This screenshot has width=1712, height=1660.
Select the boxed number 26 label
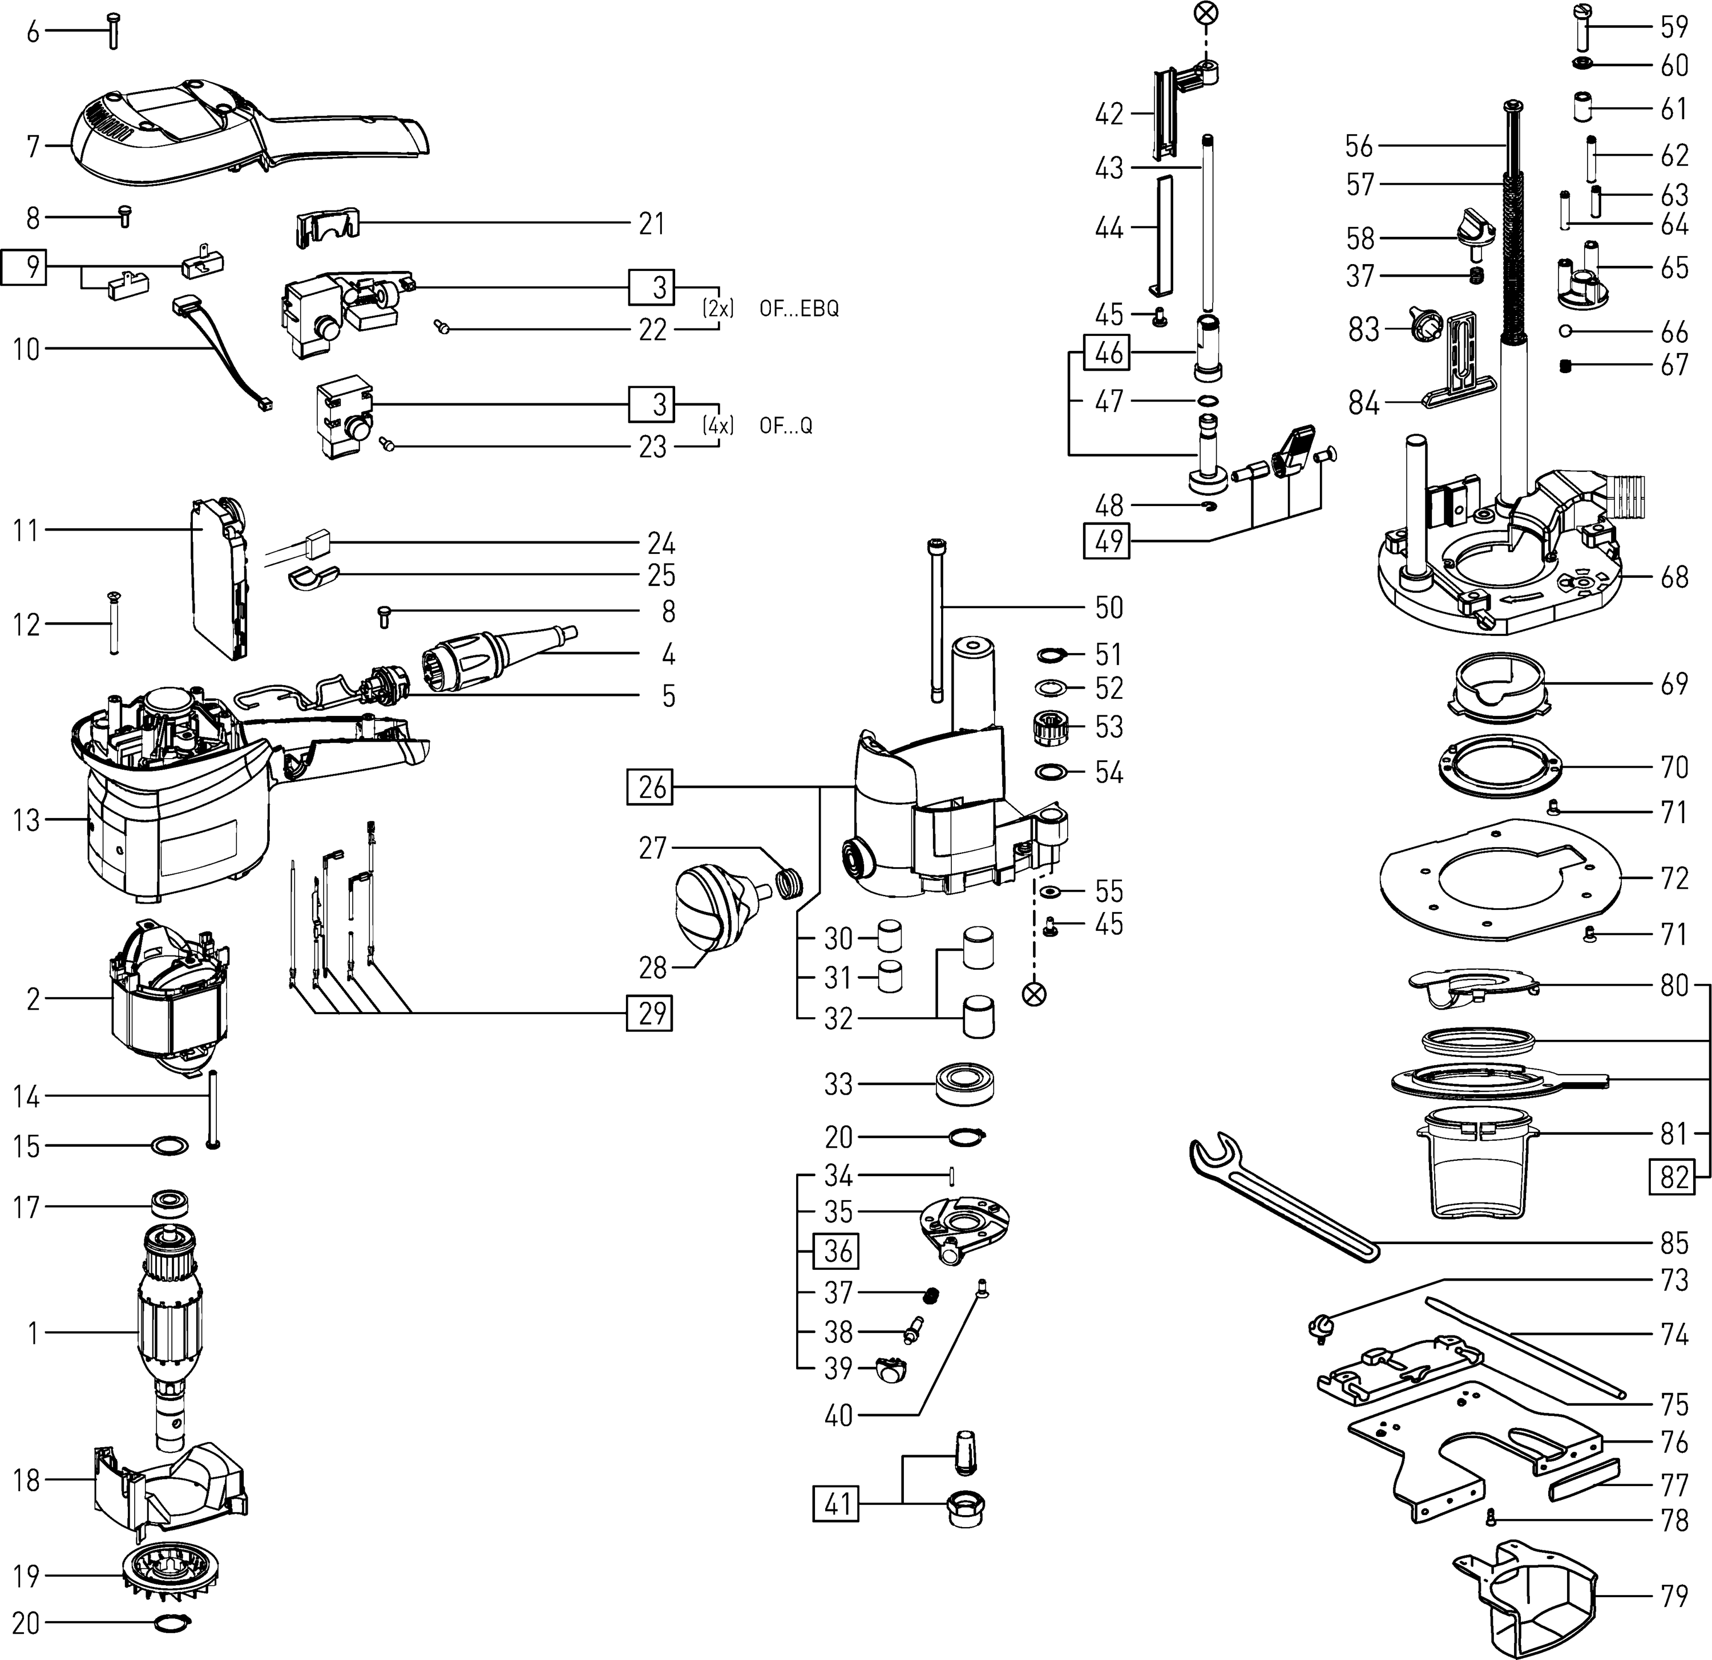pyautogui.click(x=652, y=788)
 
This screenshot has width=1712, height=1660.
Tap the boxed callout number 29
pyautogui.click(x=651, y=1013)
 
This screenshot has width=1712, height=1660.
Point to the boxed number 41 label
pyautogui.click(x=837, y=1505)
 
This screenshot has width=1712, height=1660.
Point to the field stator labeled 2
pyautogui.click(x=170, y=1000)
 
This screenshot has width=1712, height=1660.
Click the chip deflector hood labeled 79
pyautogui.click(x=1529, y=1598)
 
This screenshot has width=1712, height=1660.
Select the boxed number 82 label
pyautogui.click(x=1673, y=1176)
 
